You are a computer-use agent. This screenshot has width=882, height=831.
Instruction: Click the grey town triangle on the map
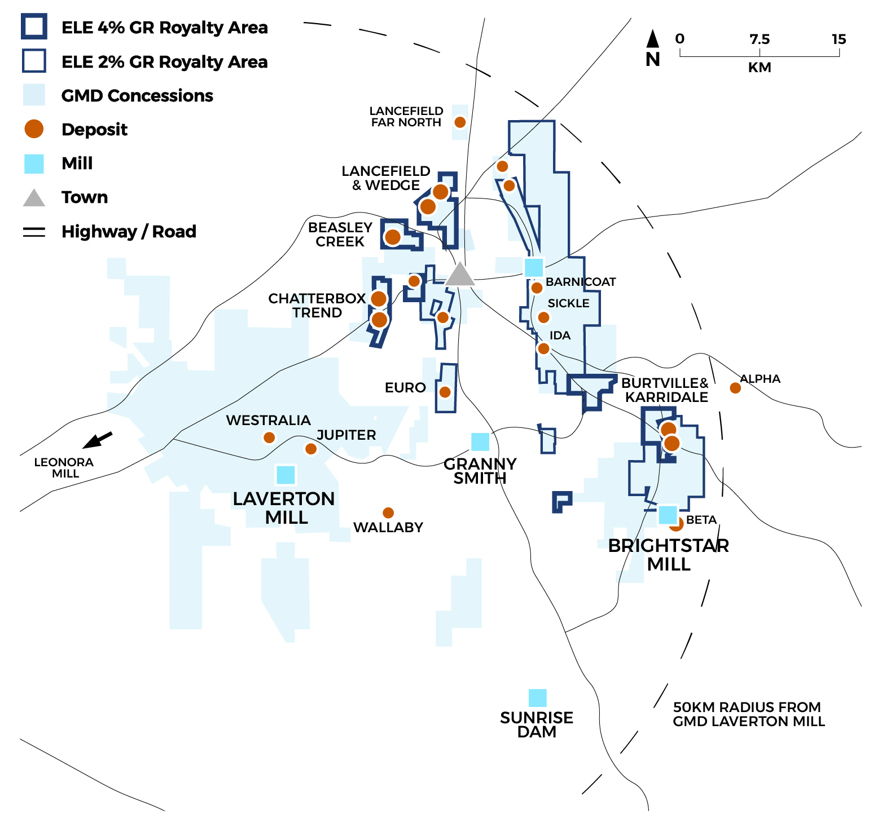point(460,275)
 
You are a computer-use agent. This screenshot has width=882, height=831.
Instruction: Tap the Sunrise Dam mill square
point(537,698)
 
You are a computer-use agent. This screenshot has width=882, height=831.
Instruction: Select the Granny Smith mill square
point(480,441)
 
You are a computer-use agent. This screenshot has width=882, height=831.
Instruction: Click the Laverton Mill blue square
point(286,475)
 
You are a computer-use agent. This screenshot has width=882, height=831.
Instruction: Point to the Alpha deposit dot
point(735,388)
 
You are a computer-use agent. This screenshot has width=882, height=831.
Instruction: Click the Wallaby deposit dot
point(388,512)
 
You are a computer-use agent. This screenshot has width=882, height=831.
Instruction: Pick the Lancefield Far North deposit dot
point(460,122)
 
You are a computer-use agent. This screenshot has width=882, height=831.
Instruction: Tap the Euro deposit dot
point(445,392)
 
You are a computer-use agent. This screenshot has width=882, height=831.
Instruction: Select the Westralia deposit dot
point(269,437)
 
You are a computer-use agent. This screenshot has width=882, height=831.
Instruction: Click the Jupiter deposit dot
point(311,449)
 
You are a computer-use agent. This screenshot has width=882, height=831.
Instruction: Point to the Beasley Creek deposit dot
point(393,237)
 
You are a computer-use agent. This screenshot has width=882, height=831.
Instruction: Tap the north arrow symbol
point(653,39)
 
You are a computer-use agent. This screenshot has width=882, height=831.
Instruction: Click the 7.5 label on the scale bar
point(760,39)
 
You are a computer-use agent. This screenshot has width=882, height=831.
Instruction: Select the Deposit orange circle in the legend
point(34,129)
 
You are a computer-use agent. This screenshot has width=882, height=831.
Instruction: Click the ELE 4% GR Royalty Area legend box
point(34,27)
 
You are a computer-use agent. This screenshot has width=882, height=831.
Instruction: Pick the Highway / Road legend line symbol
point(34,232)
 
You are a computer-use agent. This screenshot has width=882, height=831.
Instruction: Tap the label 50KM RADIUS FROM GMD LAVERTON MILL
point(748,714)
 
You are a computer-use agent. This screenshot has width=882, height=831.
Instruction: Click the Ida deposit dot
point(543,348)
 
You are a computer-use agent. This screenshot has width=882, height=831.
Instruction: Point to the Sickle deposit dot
point(543,317)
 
